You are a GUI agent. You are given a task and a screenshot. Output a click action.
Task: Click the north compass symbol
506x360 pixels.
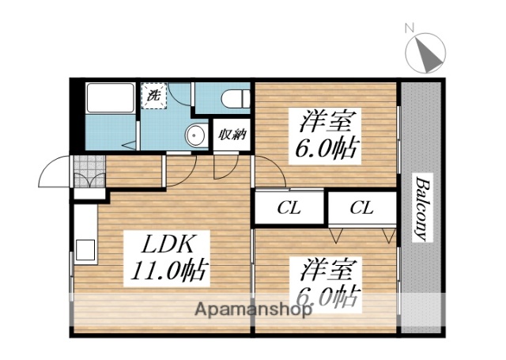425,54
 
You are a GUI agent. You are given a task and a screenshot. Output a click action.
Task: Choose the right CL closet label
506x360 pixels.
361,209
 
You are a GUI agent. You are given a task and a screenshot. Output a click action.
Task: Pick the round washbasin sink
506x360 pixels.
194,136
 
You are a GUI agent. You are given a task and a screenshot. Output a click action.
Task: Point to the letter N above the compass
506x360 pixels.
410,28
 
